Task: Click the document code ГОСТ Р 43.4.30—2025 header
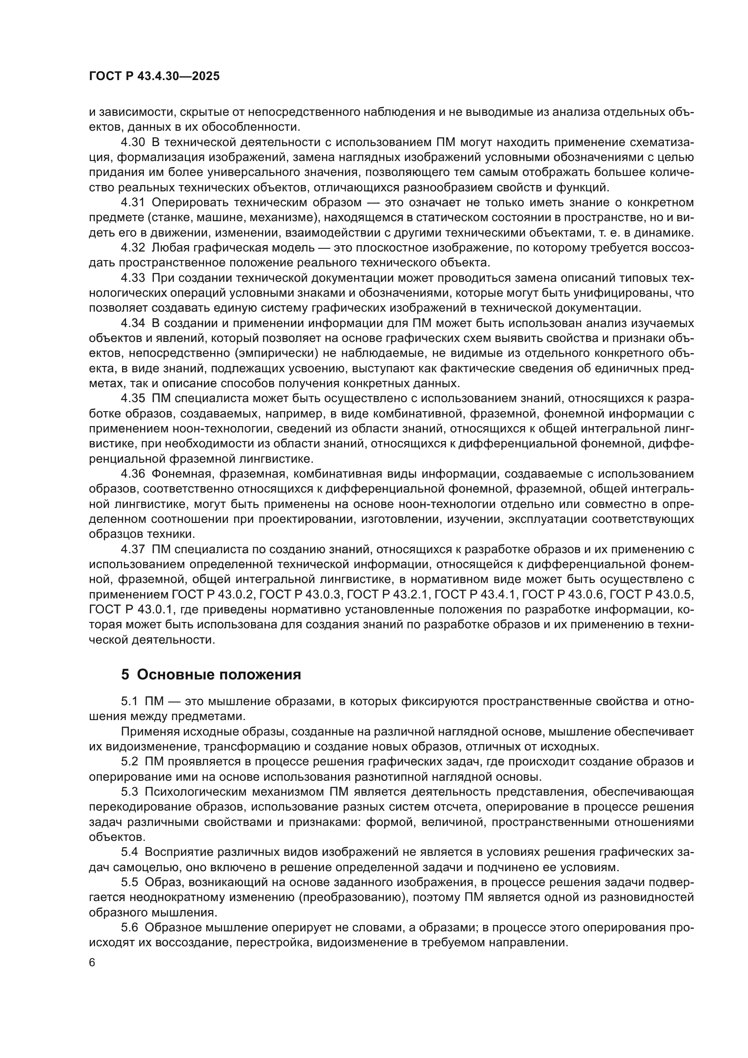pos(154,76)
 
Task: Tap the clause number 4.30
pos(133,142)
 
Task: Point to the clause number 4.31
pos(133,203)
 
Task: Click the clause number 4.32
pos(133,248)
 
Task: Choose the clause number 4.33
pos(133,278)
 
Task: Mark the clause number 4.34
pos(133,323)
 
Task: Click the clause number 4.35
pos(133,399)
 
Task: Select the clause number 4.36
pos(133,474)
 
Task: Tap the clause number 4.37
pos(133,549)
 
